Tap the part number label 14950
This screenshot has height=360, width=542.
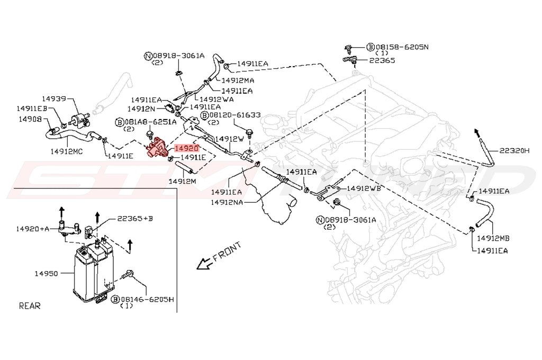(46, 274)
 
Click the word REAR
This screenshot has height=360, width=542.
(30, 305)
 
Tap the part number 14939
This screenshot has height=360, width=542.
(55, 98)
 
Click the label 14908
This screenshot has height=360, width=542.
(30, 119)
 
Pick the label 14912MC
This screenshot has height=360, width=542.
(67, 151)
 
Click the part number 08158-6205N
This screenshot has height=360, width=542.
(402, 47)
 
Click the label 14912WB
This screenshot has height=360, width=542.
(363, 188)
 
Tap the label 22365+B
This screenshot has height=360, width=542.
(135, 218)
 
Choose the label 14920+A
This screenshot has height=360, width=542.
(32, 229)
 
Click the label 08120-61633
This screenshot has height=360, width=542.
(235, 114)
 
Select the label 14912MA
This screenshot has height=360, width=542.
(238, 80)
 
